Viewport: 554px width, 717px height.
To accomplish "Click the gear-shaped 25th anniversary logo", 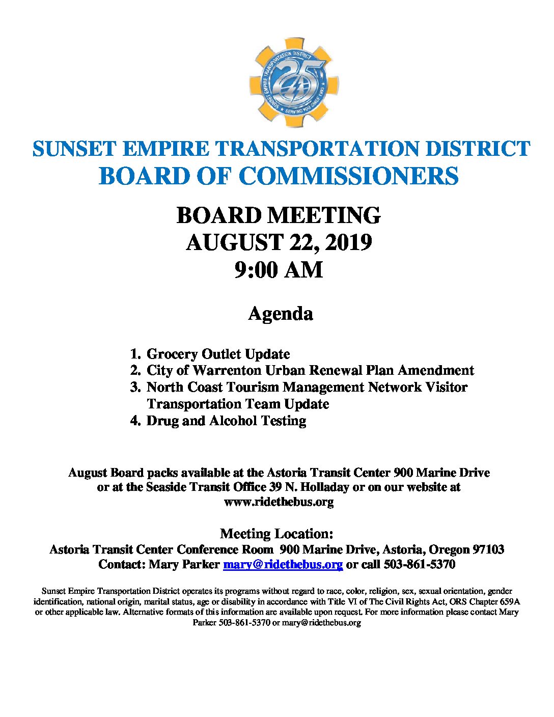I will point(294,82).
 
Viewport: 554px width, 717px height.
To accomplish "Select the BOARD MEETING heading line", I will point(279,215).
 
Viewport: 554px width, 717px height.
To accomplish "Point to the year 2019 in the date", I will point(348,242).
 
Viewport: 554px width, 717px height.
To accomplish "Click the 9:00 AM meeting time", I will point(279,269).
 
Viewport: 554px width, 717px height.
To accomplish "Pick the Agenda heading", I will point(280,313).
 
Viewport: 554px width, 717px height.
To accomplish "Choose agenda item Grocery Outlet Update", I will point(218,354).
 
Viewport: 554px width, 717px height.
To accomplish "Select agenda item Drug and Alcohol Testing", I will point(226,421).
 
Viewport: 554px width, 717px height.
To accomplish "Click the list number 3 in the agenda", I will point(135,387).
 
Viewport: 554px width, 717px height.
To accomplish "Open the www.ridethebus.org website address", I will point(279,502).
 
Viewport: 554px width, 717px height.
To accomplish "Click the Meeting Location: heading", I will point(276,534).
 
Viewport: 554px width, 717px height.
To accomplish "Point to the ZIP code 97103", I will point(488,549).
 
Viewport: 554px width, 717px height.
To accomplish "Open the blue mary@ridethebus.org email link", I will point(283,564).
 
